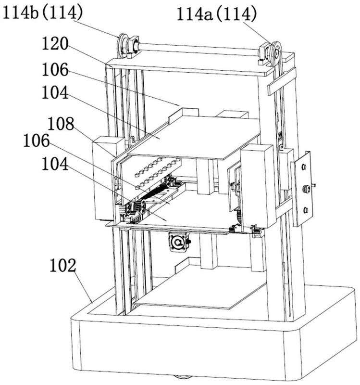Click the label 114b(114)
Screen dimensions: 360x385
coord(43,13)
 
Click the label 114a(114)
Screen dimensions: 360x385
coord(217,14)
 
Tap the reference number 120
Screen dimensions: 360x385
coord(55,44)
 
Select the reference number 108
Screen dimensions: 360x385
coord(61,124)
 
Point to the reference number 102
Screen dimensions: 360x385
coord(63,266)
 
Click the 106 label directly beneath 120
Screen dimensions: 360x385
coord(55,69)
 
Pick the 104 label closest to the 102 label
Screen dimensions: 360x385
coord(55,164)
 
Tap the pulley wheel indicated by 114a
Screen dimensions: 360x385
coord(277,53)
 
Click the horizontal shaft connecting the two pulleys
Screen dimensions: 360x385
coord(199,49)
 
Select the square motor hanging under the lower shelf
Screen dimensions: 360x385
coord(178,242)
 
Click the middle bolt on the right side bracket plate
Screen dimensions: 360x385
coord(306,189)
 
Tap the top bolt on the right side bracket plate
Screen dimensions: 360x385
coord(304,167)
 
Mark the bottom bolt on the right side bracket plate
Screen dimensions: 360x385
coord(306,210)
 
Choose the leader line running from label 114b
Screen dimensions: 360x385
coord(96,28)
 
